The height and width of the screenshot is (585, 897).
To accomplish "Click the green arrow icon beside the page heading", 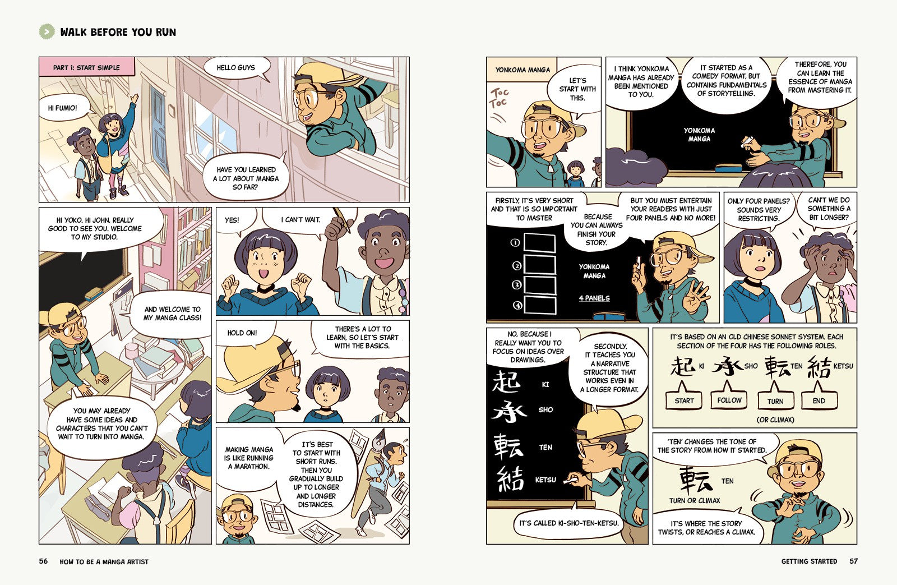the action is click(47, 31).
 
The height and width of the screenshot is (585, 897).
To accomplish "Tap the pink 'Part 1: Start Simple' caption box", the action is click(87, 67).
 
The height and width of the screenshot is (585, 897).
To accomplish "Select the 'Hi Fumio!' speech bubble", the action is click(64, 107).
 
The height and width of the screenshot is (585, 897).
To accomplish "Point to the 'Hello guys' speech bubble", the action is click(235, 68).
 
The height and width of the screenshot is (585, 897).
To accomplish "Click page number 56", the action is click(43, 561).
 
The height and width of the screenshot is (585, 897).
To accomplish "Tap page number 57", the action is click(853, 561).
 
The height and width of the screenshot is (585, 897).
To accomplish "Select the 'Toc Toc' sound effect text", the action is click(499, 98).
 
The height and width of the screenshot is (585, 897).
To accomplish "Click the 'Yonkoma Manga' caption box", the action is click(522, 70).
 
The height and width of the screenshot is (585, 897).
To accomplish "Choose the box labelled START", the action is click(684, 400).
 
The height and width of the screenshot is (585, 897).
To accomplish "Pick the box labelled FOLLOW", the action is click(729, 400).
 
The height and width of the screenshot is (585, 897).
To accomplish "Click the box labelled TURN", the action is click(775, 400).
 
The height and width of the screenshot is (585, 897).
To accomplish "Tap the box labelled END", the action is click(819, 400).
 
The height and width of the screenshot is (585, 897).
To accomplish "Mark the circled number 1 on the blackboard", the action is click(515, 242).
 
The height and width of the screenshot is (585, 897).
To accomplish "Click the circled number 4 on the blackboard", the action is click(517, 305).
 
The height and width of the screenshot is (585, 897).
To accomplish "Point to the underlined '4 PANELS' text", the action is click(594, 298).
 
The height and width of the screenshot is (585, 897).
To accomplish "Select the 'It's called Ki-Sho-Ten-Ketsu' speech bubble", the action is click(568, 522).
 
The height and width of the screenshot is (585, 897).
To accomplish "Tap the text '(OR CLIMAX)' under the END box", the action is click(775, 420).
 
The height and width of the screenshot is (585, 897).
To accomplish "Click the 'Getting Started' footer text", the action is click(809, 561).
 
